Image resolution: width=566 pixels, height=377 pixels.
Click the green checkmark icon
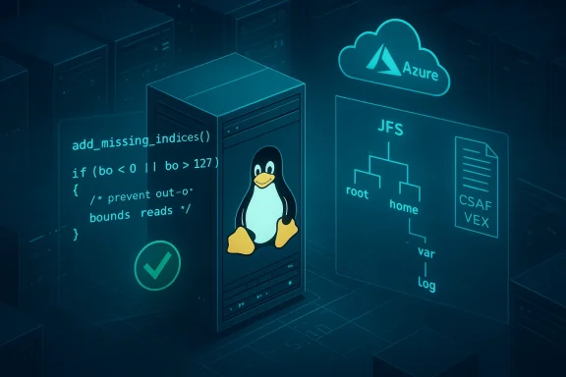tap(157, 263)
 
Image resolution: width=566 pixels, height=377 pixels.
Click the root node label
tap(358, 192)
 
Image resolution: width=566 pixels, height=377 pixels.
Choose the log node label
tap(425, 285)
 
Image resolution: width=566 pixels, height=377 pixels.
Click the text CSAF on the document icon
tap(477, 206)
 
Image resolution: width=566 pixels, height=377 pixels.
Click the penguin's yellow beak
tap(261, 179)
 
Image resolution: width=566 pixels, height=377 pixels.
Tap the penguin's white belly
tap(261, 214)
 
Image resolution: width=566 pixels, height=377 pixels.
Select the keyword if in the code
tap(78, 173)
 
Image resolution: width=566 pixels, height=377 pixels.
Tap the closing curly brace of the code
tap(75, 233)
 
